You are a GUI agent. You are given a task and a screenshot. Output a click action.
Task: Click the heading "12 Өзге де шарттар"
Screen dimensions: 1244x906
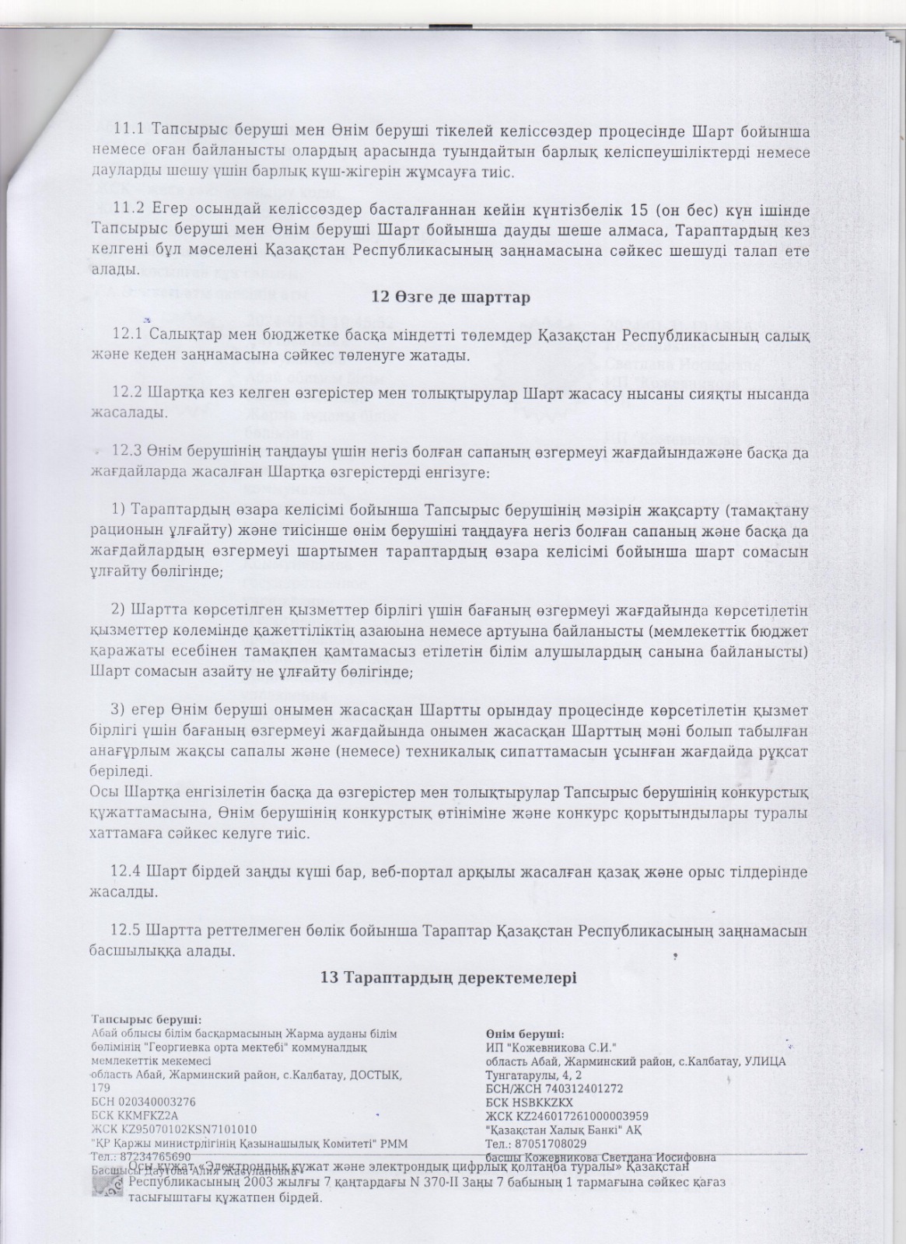[x=451, y=297]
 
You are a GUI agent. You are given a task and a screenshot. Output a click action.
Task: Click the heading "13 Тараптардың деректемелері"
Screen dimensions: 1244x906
[x=449, y=977]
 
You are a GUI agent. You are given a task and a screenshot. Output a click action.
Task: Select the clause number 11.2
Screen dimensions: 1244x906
[x=130, y=211]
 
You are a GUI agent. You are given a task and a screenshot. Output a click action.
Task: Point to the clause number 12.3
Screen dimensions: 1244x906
[x=129, y=451]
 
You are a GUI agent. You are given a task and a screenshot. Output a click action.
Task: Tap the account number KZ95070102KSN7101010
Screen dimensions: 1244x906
[x=187, y=1129]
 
